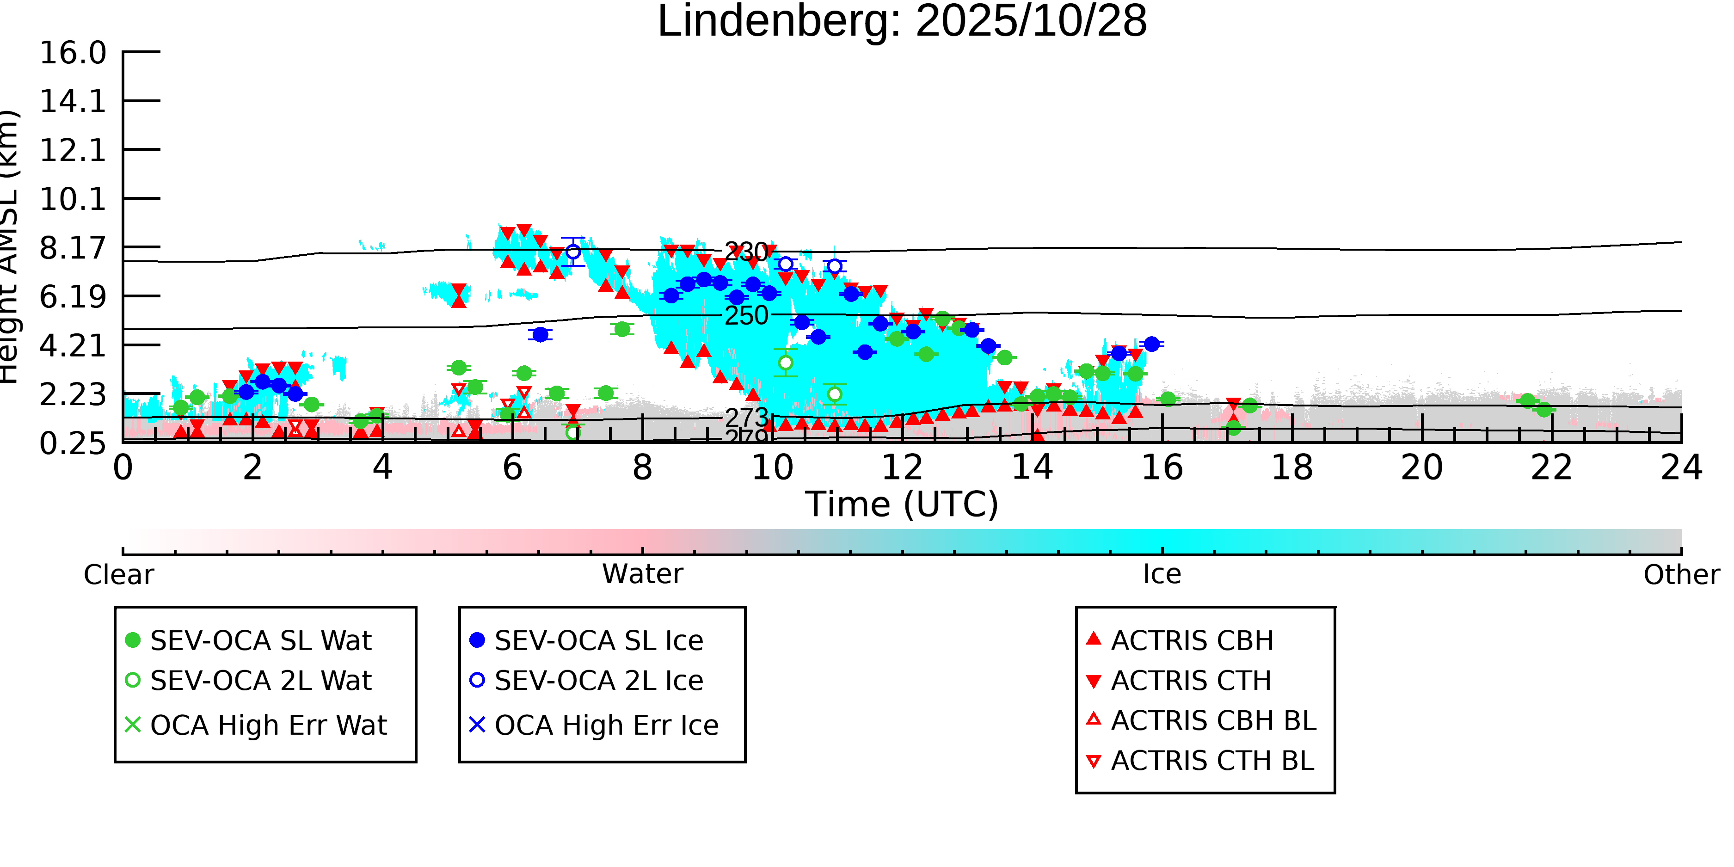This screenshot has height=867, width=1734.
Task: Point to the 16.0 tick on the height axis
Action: (x=73, y=53)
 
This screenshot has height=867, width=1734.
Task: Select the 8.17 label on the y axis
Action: (x=73, y=248)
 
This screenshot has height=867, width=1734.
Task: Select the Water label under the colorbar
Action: (x=642, y=574)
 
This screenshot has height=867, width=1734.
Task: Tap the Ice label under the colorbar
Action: (x=1162, y=574)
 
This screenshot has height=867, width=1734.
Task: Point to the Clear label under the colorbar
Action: (x=118, y=575)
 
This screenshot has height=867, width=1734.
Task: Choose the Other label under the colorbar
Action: (x=1681, y=575)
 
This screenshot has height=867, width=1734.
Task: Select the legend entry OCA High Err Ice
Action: (x=606, y=726)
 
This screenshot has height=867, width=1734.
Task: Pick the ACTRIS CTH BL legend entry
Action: (x=1211, y=761)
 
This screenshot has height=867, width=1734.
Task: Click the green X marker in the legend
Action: (x=133, y=725)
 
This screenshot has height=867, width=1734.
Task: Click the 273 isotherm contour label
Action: (x=746, y=418)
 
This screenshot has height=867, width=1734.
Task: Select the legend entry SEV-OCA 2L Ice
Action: (x=598, y=681)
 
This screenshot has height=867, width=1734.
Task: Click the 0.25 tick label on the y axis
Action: (x=73, y=443)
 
